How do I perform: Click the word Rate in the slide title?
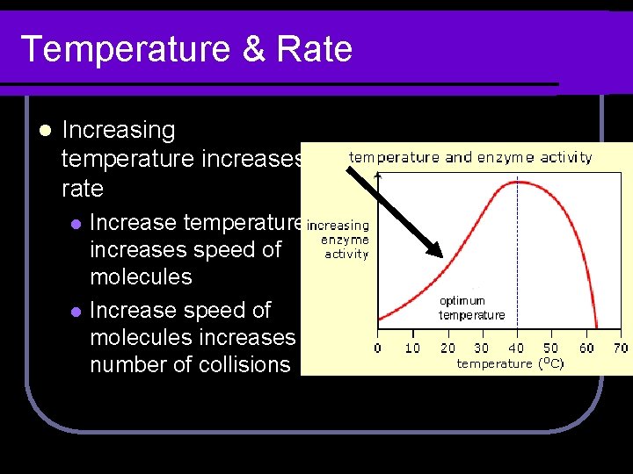coord(314,49)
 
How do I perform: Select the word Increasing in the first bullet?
coord(119,131)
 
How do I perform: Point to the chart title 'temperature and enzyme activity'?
coord(470,158)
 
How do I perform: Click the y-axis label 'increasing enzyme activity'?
coord(339,240)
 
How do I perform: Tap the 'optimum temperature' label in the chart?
coord(472,307)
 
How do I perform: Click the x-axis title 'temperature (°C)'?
coord(510,363)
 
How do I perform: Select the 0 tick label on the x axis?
coord(378,348)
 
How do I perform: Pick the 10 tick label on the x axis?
coord(412,348)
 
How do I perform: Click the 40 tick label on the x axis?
coord(516,348)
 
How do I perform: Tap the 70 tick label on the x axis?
coord(620,348)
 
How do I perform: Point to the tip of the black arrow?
coord(442,255)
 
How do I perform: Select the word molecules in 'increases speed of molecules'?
coord(141,276)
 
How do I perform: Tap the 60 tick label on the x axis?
coord(586,348)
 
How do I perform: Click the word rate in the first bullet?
coord(83,189)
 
